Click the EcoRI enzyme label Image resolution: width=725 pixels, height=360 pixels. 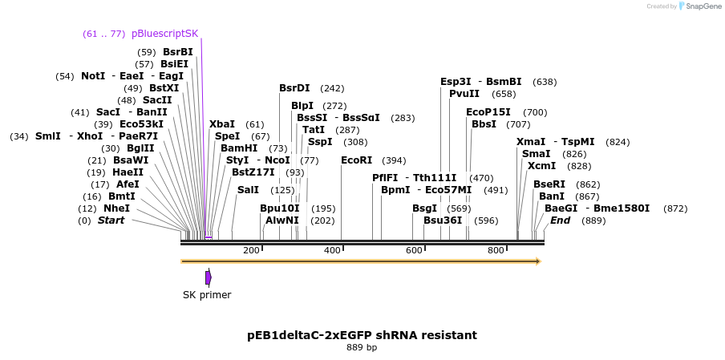[357, 160]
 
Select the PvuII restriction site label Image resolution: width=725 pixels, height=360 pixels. [464, 94]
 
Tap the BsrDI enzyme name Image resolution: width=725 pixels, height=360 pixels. [294, 88]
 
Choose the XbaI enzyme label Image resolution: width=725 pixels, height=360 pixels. [222, 124]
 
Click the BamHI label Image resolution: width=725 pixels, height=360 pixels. [239, 148]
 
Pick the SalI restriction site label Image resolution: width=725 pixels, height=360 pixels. [249, 190]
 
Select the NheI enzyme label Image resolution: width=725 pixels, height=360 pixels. [116, 208]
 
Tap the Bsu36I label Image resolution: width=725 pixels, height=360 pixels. [443, 220]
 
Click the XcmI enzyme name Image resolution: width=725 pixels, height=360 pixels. [541, 166]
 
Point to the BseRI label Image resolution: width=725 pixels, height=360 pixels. [549, 184]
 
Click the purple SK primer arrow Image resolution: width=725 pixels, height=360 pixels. [209, 277]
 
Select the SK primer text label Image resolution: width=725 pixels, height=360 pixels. [207, 295]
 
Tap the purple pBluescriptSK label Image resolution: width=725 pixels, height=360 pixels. [164, 34]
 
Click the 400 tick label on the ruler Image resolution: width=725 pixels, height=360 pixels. [332, 251]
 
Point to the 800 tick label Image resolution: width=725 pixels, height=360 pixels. [496, 251]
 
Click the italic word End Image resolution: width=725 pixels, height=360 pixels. [561, 220]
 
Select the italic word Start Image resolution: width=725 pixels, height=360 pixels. [111, 220]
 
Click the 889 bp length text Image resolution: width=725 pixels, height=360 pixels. [362, 348]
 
